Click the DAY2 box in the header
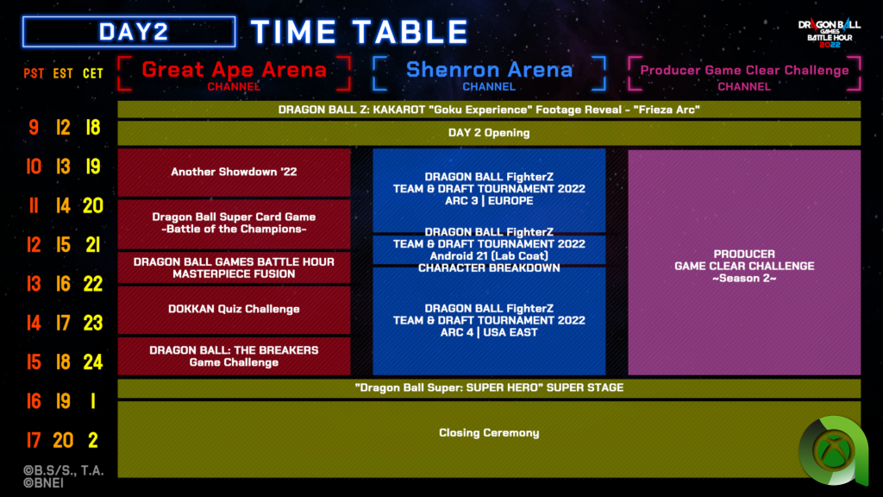(129, 32)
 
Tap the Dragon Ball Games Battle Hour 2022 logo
(829, 33)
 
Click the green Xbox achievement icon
(834, 450)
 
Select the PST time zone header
(34, 74)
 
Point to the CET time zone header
(93, 74)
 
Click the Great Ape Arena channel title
(234, 70)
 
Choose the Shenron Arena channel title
(489, 70)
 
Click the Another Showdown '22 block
(234, 173)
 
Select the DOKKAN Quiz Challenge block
(234, 310)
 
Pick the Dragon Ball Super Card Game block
(234, 223)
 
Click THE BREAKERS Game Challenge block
(234, 356)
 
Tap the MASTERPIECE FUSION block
(234, 267)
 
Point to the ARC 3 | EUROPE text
(489, 200)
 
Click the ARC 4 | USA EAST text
(489, 332)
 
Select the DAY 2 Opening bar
(489, 133)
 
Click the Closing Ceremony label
(489, 433)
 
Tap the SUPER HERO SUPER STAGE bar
(489, 387)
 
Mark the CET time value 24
(93, 362)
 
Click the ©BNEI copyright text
(43, 483)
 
